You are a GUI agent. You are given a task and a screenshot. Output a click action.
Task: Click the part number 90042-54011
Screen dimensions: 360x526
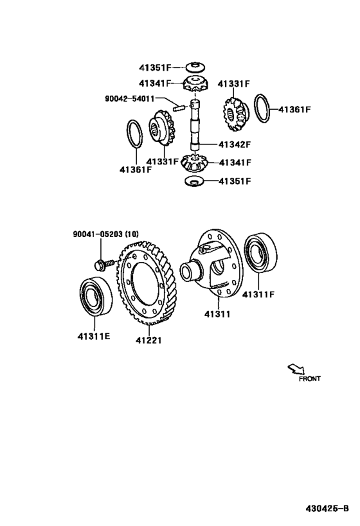(130, 99)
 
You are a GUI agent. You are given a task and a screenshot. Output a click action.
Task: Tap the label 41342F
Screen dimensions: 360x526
(235, 145)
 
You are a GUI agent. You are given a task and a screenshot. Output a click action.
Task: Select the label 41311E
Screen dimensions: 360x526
(94, 336)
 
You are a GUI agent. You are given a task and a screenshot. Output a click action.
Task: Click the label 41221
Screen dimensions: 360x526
(148, 340)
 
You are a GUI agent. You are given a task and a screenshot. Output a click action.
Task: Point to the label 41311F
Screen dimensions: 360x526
(258, 294)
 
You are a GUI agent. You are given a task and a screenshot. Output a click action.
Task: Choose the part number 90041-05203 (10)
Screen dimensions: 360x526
(106, 234)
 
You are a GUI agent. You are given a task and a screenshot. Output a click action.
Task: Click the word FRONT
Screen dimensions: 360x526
(310, 379)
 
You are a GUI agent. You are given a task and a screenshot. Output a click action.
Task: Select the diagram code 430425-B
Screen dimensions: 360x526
(327, 509)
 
